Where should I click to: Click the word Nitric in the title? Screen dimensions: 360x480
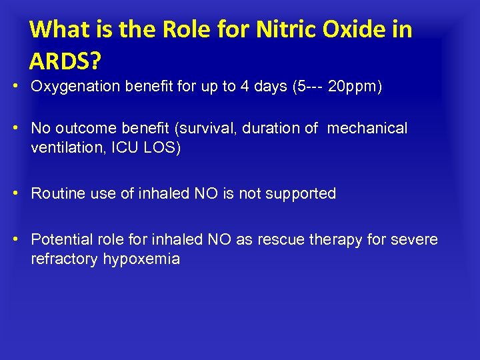pos(277,30)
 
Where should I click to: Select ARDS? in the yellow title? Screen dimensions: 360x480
pos(65,61)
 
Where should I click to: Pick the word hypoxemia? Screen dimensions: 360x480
pos(141,259)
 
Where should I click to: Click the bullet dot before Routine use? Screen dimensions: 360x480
pos(21,194)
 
